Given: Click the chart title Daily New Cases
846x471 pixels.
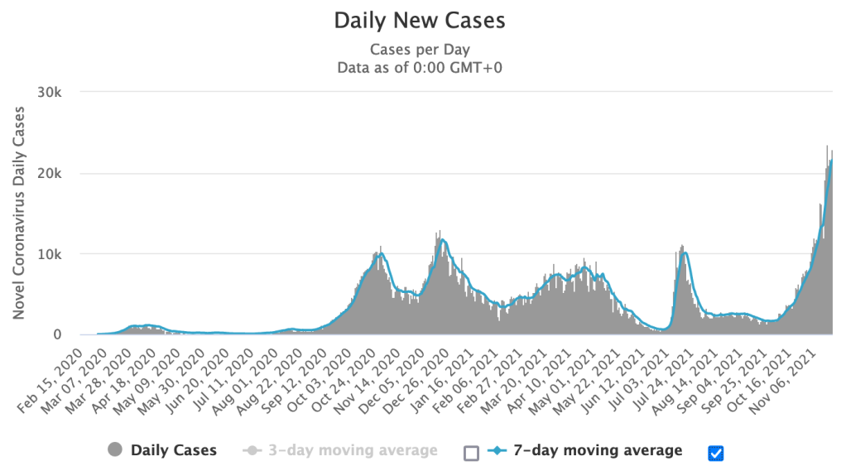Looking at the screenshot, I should click(x=420, y=20).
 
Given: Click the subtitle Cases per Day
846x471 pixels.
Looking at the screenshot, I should click(x=420, y=50).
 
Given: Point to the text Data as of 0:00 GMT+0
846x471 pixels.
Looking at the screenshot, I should click(x=420, y=67).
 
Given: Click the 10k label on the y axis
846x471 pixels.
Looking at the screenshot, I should click(x=50, y=254).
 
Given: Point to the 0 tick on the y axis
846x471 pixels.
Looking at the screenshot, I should click(x=57, y=334).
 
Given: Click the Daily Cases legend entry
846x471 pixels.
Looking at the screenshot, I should click(x=174, y=450).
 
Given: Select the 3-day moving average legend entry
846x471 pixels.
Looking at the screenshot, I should click(x=353, y=450).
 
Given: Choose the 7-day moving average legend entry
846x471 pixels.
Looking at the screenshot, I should click(x=597, y=450).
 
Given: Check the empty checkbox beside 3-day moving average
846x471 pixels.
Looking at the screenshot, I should click(x=471, y=452).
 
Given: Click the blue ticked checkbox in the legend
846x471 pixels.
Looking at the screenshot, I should click(x=716, y=452).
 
